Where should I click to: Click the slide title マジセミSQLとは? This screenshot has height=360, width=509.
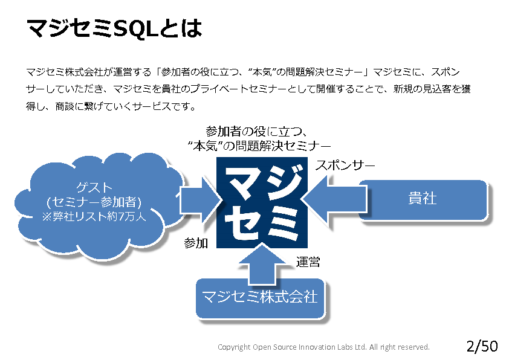(114, 27)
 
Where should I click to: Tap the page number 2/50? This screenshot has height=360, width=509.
(482, 346)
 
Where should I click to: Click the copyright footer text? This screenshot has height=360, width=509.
(323, 347)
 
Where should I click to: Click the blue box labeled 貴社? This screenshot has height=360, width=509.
(423, 199)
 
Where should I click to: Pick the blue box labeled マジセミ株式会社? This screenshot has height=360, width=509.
(259, 297)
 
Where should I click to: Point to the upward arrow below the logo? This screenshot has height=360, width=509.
(261, 263)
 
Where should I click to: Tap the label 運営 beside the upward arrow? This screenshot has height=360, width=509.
(308, 262)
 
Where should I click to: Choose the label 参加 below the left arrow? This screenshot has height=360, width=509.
(196, 243)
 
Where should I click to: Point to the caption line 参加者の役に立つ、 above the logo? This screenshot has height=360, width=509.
(258, 131)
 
